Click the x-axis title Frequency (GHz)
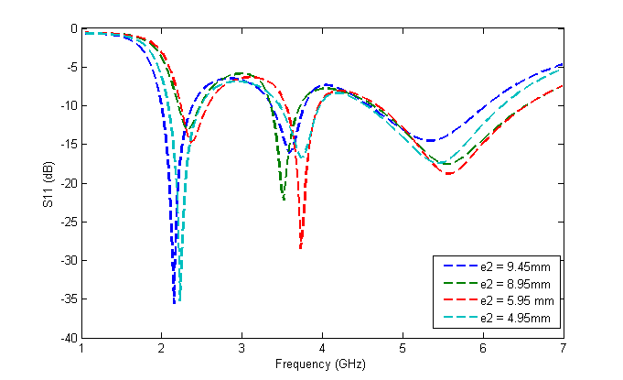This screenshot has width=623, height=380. point(321,364)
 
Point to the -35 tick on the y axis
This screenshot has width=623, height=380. point(69,299)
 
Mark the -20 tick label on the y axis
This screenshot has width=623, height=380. point(69,183)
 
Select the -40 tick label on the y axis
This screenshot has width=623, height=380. point(69,339)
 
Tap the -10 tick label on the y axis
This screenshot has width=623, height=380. point(69,106)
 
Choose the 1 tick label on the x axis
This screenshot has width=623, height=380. point(82,349)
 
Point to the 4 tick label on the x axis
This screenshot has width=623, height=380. point(322,349)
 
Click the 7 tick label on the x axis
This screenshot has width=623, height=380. point(562,349)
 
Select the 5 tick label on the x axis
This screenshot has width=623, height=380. point(402,349)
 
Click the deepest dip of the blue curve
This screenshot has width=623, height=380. point(174,302)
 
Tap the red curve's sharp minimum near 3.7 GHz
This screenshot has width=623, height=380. point(301,247)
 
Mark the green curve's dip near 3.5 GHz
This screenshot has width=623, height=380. point(284,199)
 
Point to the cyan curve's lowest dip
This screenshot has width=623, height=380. point(180,299)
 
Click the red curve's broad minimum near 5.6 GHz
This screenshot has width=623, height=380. point(449,173)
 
